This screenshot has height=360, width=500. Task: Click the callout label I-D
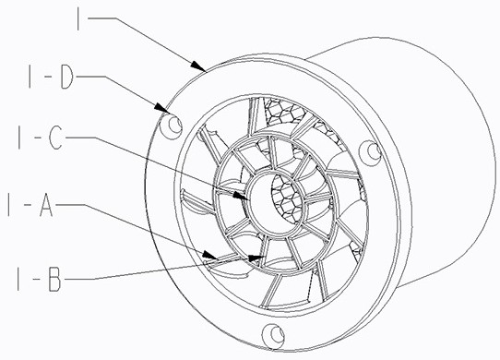51,78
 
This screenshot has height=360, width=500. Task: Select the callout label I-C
41,138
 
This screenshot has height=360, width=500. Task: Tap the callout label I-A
30,205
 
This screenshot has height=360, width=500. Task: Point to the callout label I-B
39,280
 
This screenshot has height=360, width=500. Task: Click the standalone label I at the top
78,18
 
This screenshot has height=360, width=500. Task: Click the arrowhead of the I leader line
198,66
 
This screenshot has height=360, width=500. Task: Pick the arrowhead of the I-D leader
162,108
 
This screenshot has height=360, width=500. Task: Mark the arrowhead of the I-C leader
241,196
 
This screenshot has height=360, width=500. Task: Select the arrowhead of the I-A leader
210,256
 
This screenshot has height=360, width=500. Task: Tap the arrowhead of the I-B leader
256,258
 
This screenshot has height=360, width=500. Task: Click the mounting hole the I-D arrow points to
172,126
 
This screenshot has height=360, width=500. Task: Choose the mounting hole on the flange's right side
370,152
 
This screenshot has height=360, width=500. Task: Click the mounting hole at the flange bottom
273,336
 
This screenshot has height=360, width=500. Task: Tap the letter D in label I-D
67,78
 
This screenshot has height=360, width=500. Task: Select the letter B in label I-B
54,280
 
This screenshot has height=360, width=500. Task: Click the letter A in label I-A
46,205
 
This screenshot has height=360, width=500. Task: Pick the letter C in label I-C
56,138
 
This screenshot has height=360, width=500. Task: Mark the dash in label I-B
36,280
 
